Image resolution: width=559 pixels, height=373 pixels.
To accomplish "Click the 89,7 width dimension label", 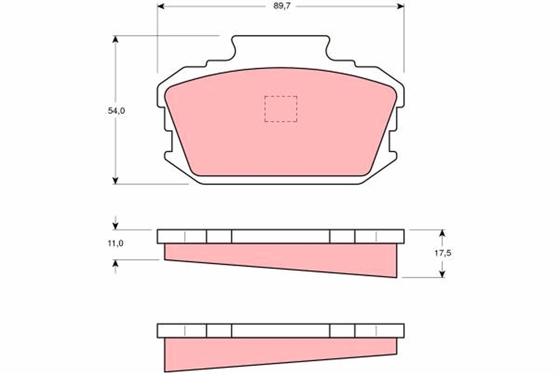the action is point(282,6).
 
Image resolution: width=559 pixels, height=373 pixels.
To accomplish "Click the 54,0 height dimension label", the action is point(116,111).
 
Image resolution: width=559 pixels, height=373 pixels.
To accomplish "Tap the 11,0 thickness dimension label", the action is point(116,243).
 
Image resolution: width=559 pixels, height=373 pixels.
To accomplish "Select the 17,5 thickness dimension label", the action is point(443,253).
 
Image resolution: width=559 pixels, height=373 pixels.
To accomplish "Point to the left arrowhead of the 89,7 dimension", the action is point(161,6).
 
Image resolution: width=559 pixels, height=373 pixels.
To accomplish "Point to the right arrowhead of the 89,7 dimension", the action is point(401,6).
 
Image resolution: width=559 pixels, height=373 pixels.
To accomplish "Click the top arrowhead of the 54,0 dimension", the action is point(115,40).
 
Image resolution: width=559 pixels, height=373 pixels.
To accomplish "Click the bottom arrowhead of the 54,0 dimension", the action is point(115,180).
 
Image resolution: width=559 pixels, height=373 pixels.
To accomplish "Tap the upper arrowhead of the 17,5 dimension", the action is point(442,233).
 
